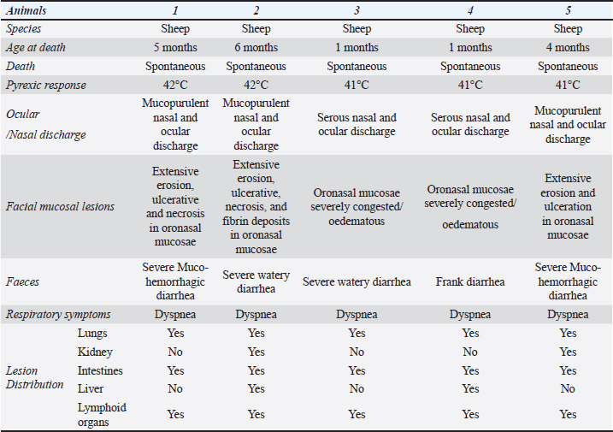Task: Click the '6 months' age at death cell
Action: click(256, 48)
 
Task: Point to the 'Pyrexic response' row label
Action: click(45, 86)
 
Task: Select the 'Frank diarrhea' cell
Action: click(470, 280)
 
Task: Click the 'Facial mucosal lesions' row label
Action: click(62, 207)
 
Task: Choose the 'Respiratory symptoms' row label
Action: click(61, 315)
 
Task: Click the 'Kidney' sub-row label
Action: click(94, 352)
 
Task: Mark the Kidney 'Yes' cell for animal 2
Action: click(256, 352)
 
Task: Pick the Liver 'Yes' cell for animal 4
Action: click(470, 389)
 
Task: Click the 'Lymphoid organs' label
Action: click(101, 414)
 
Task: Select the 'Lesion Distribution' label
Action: click(34, 377)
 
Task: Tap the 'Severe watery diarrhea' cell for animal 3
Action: click(357, 280)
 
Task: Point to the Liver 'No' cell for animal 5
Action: click(568, 389)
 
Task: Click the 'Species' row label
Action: click(25, 30)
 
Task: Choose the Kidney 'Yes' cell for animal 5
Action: click(568, 352)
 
